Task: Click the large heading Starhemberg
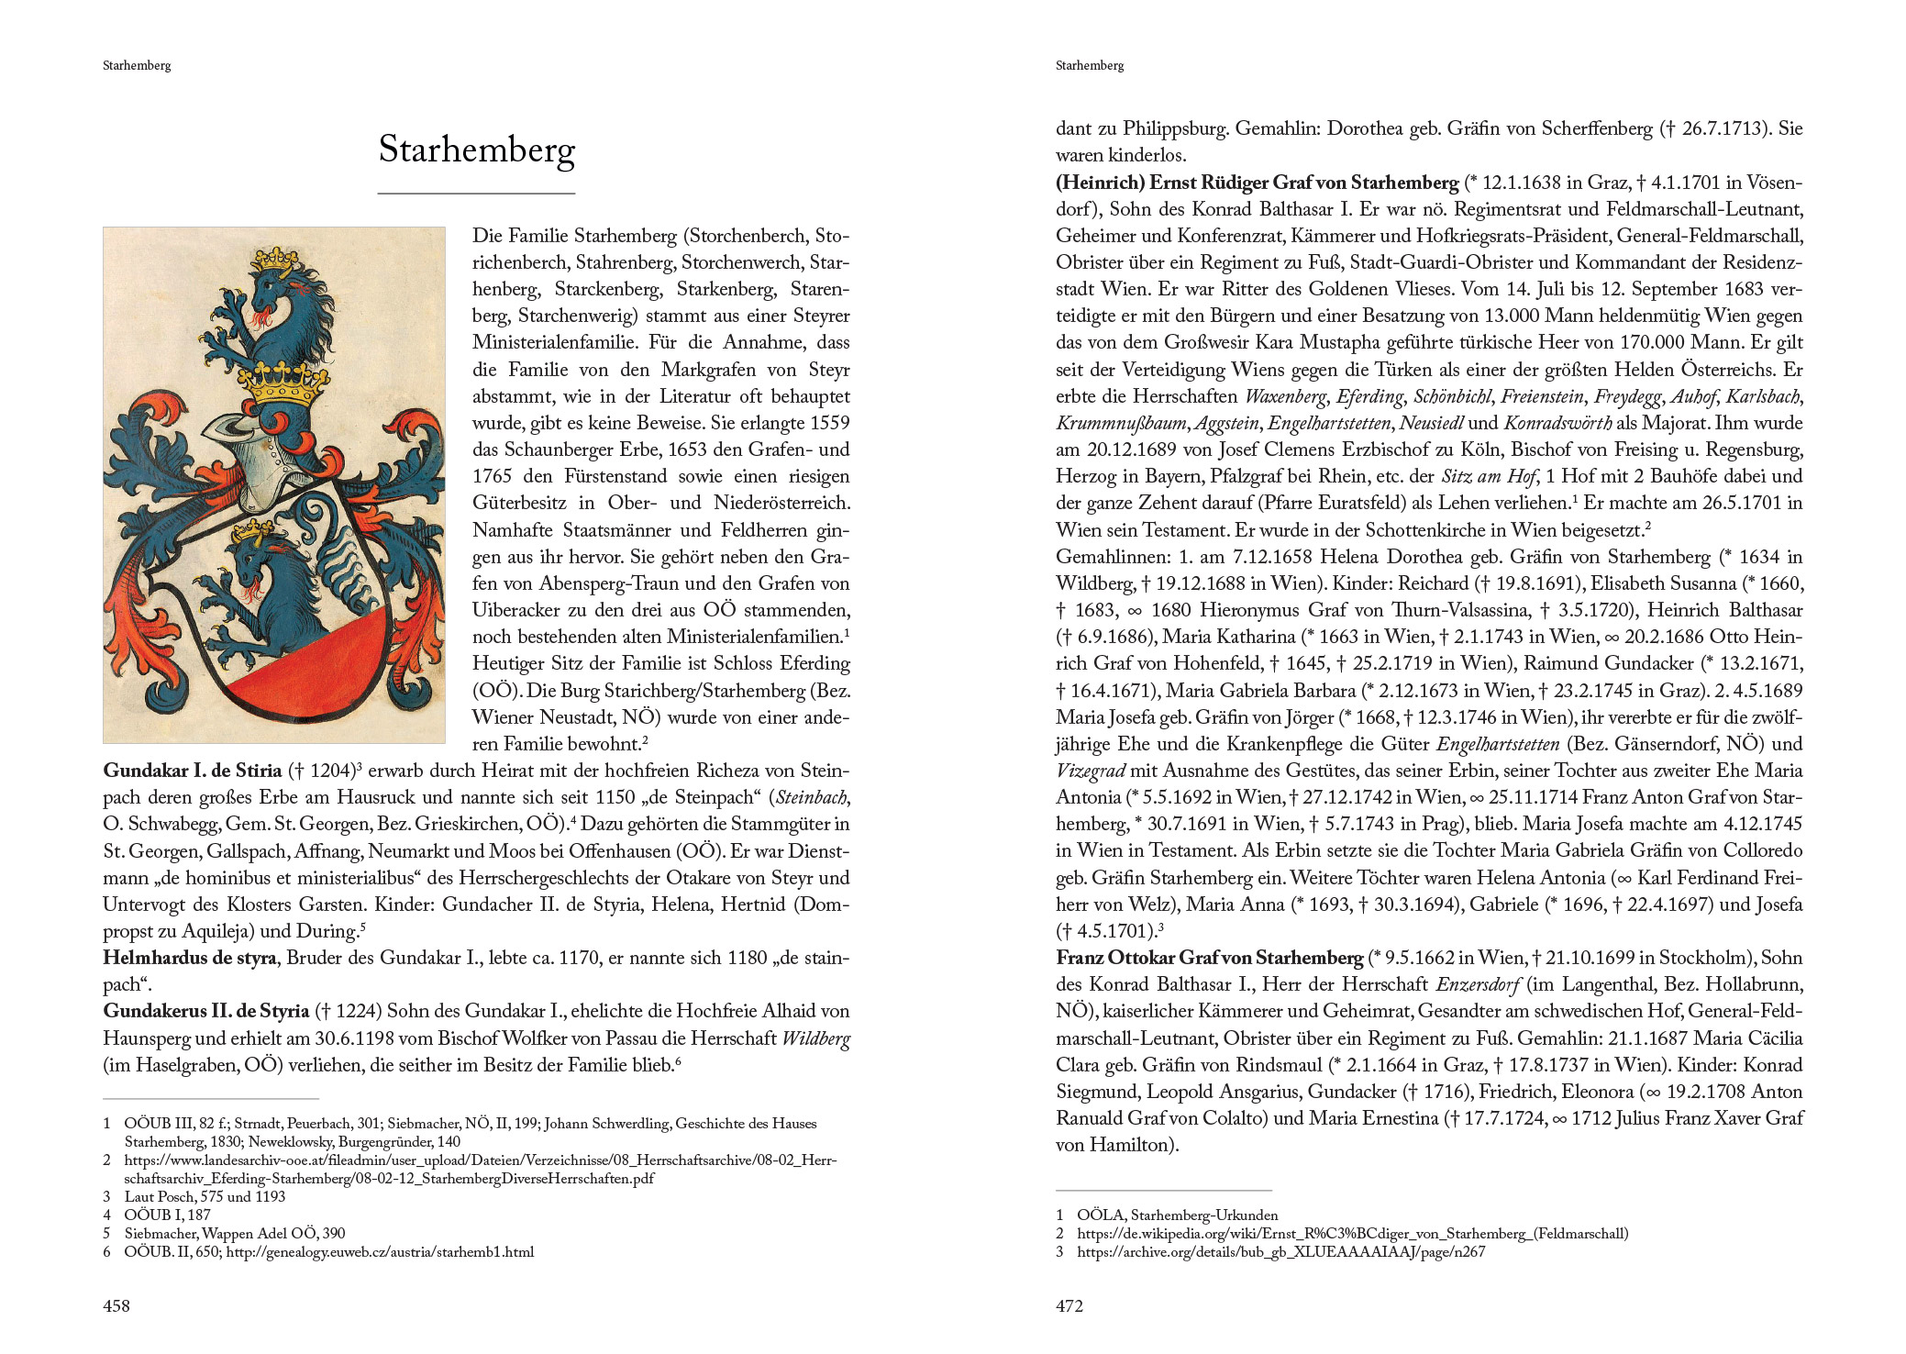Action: coord(476,150)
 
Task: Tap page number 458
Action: coord(116,1305)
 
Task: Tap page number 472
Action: coord(1069,1305)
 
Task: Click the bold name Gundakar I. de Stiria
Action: coord(192,771)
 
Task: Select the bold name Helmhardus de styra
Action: coord(189,958)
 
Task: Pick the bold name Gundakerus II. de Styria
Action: coord(205,1011)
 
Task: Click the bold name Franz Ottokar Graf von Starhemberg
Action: coord(1209,958)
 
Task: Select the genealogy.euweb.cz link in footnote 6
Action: coord(380,1252)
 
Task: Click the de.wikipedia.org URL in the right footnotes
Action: coord(1352,1234)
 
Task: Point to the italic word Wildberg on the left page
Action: coord(815,1038)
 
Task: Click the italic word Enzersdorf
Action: coord(1479,984)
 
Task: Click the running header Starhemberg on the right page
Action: coord(1089,65)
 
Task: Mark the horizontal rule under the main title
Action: coord(476,194)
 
